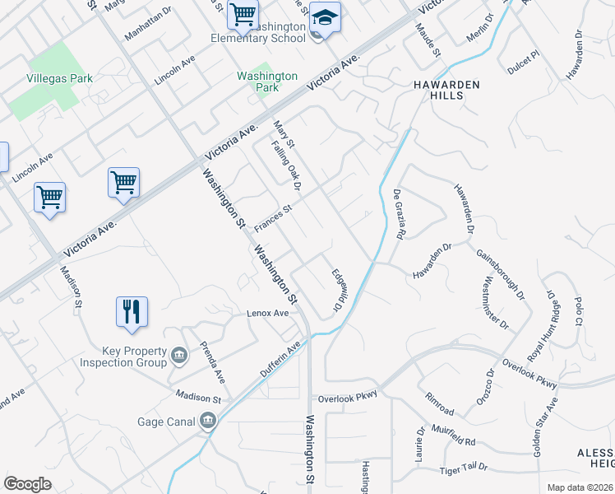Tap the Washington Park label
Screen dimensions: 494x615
click(267, 81)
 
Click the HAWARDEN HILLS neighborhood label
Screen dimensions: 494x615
click(436, 90)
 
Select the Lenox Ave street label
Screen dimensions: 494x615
click(268, 314)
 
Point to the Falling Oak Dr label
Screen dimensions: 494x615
click(287, 165)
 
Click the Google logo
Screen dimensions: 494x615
click(27, 483)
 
